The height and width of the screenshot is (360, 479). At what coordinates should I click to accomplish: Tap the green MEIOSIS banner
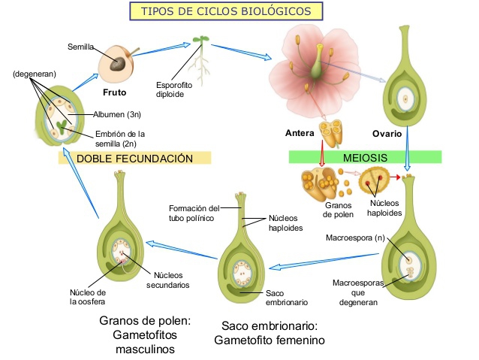click(x=365, y=158)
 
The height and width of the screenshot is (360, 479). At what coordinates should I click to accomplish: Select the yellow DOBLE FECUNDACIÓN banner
click(x=134, y=158)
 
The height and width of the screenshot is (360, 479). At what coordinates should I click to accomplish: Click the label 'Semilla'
click(x=80, y=47)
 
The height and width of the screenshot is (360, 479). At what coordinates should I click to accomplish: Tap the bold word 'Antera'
click(x=300, y=134)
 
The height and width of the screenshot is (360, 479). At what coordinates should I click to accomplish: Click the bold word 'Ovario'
click(x=387, y=134)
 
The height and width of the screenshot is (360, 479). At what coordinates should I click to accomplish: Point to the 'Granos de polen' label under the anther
click(x=338, y=209)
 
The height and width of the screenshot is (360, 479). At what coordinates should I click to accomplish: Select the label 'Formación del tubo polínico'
click(x=194, y=213)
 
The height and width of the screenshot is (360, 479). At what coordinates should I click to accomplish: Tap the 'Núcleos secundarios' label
click(x=167, y=280)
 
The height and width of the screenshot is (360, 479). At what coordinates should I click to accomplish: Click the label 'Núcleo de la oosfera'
click(x=88, y=297)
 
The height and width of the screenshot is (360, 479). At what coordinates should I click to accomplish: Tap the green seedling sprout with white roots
click(x=200, y=57)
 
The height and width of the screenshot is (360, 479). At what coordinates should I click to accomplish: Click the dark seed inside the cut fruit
click(x=118, y=65)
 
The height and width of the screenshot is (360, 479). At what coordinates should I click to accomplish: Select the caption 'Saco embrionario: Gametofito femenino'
click(x=269, y=333)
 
